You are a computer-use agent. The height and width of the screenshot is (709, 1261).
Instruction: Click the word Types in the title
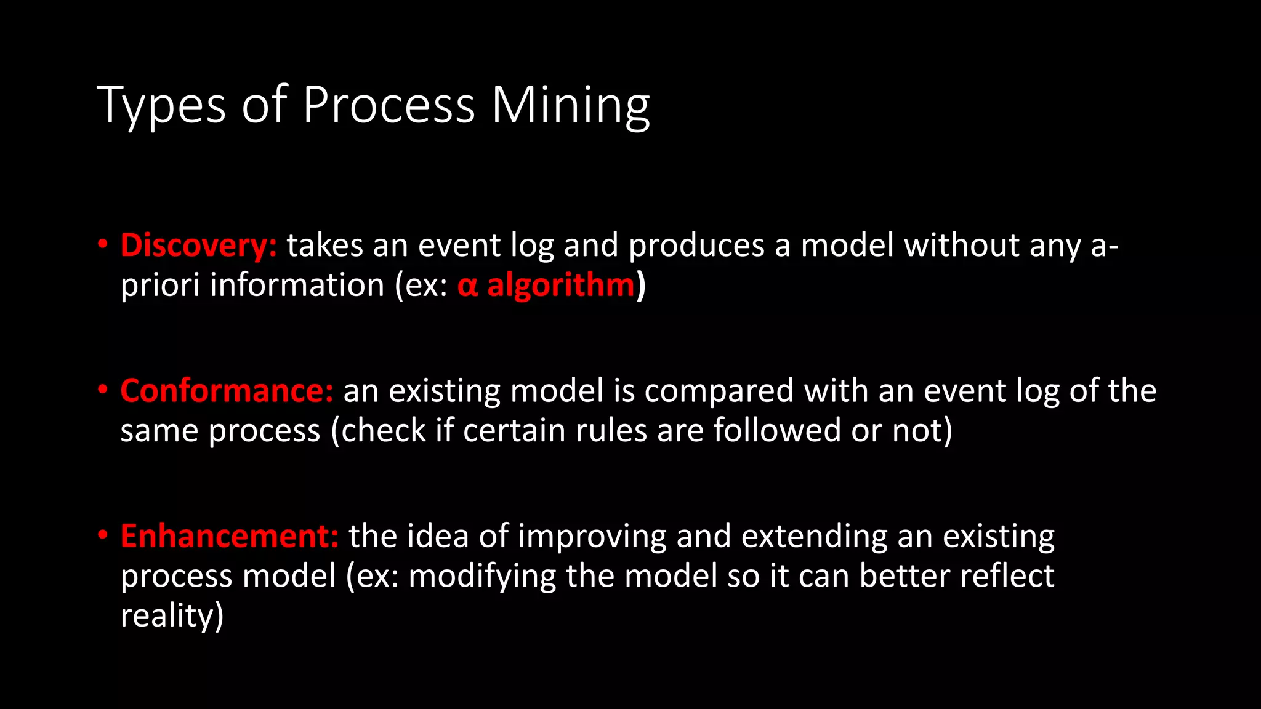[x=161, y=106]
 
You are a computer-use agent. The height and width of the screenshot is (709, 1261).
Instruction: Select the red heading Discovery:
[x=198, y=246]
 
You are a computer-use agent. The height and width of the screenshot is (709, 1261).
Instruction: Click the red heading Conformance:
[x=227, y=391]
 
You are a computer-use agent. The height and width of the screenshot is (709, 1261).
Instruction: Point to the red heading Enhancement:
[x=229, y=536]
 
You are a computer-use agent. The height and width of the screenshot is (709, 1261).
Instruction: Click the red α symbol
[x=467, y=286]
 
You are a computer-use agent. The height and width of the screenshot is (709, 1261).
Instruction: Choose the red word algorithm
[x=560, y=286]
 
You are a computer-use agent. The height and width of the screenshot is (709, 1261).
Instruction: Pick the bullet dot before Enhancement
[x=103, y=534]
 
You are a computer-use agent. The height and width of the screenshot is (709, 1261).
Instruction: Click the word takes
[x=325, y=246]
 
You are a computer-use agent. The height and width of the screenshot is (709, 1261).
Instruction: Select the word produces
[x=696, y=246]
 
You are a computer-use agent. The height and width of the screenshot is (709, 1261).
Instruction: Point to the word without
[x=961, y=246]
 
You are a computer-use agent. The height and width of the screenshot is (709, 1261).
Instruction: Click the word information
[x=297, y=286]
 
